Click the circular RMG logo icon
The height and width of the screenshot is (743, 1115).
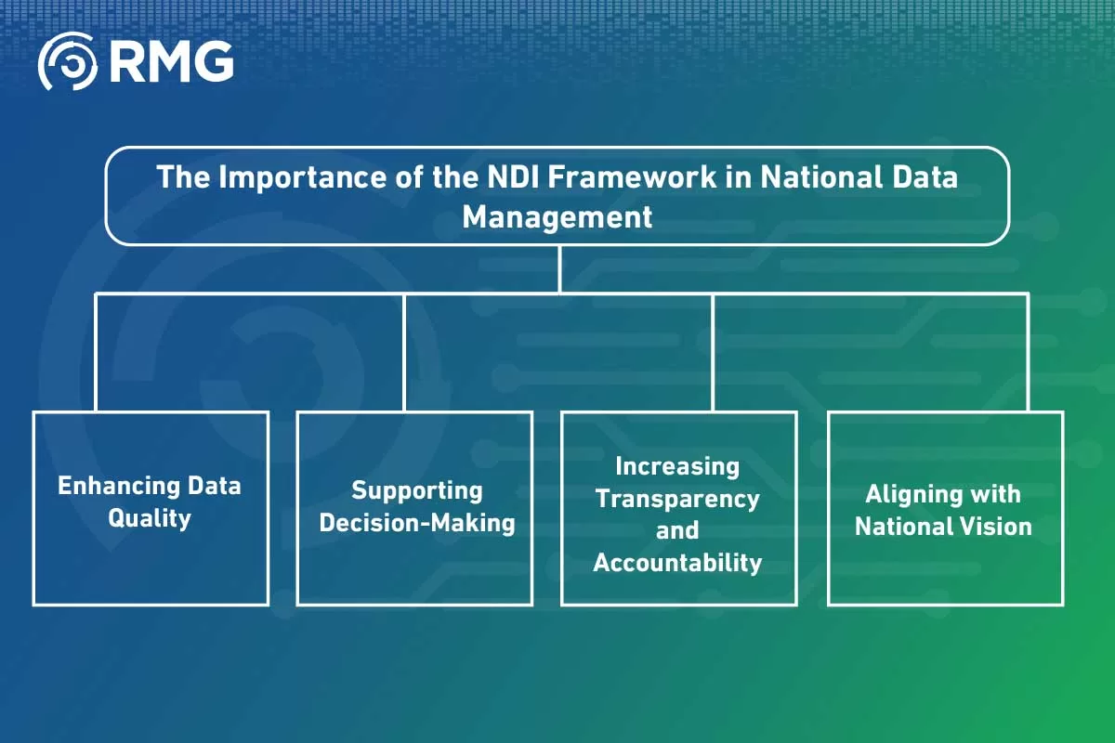pyautogui.click(x=66, y=61)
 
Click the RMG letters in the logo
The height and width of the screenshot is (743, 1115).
pyautogui.click(x=171, y=61)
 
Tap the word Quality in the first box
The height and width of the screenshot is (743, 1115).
pyautogui.click(x=150, y=517)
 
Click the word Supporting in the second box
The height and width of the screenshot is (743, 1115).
pyautogui.click(x=416, y=490)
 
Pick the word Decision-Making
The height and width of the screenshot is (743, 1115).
pyautogui.click(x=416, y=522)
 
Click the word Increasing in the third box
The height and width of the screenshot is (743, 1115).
pyautogui.click(x=677, y=466)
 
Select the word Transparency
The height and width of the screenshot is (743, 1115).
pyautogui.click(x=677, y=499)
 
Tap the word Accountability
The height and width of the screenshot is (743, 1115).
pyautogui.click(x=677, y=562)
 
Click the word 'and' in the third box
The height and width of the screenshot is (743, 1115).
pyautogui.click(x=677, y=530)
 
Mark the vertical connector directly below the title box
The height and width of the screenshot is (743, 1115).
pyautogui.click(x=558, y=269)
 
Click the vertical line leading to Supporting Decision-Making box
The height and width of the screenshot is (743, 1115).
pyautogui.click(x=404, y=353)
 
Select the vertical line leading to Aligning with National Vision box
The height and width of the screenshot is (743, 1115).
pyautogui.click(x=1028, y=353)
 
